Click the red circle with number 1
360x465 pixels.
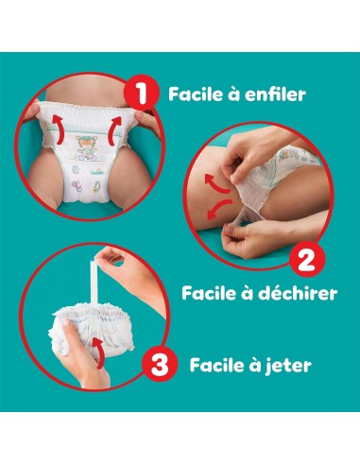144,95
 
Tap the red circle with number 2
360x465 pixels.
304,256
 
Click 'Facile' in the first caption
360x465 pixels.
196,95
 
